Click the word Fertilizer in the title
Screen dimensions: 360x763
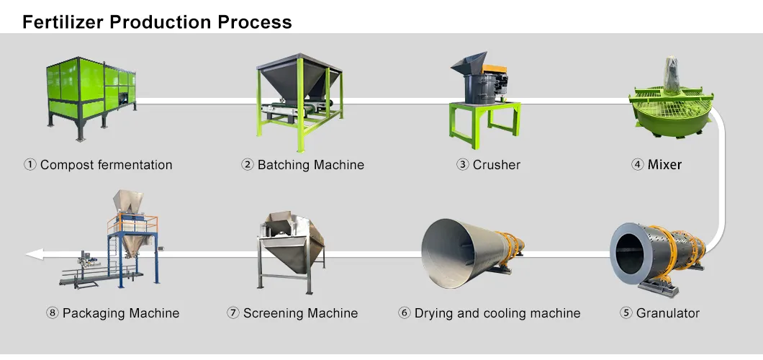[63, 22]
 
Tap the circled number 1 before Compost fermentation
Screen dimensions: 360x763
[30, 165]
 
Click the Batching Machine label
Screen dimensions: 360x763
[310, 165]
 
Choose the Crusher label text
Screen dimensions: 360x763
[496, 165]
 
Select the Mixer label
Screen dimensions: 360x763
[664, 165]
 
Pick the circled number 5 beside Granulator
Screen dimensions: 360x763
[626, 313]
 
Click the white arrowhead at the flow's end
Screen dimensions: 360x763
[32, 253]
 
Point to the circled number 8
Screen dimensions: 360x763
[52, 313]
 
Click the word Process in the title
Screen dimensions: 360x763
[256, 22]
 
